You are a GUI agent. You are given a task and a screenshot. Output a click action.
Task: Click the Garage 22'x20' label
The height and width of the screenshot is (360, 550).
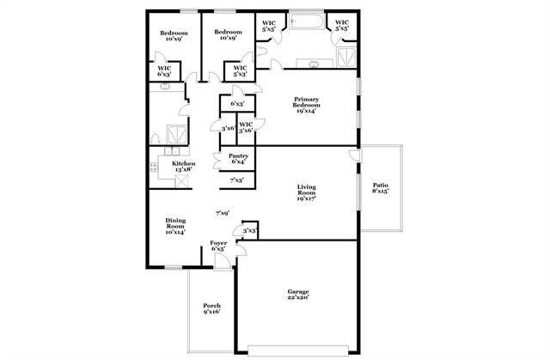[297, 295]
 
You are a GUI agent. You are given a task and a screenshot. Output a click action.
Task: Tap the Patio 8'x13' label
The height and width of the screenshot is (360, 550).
[380, 189]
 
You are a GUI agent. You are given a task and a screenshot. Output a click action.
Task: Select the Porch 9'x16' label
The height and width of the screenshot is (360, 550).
[211, 308]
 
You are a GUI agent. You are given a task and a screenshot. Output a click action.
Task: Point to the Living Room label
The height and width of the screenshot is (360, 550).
[307, 192]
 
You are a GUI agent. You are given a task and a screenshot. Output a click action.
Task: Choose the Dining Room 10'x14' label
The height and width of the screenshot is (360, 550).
[175, 226]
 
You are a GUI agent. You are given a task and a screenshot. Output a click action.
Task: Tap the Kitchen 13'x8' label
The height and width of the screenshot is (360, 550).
[183, 167]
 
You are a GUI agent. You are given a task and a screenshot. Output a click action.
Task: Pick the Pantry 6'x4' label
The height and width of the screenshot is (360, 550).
[238, 159]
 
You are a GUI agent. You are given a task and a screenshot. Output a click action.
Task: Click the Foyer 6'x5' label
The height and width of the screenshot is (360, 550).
[218, 247]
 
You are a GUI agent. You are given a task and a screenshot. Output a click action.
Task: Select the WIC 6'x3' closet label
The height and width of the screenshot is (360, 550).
[164, 71]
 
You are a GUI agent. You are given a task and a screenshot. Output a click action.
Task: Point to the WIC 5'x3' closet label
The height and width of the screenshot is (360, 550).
[240, 71]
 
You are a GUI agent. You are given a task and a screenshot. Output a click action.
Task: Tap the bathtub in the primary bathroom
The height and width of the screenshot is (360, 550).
[305, 21]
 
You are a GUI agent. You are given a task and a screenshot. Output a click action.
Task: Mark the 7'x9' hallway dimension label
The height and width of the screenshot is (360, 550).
[222, 212]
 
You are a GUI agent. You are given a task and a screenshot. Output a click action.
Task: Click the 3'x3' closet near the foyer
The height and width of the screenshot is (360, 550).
[249, 230]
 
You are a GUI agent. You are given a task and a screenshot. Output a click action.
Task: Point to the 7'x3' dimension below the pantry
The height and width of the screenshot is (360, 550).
[236, 180]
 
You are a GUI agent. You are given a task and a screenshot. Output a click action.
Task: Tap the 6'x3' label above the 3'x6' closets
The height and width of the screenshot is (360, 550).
[237, 103]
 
